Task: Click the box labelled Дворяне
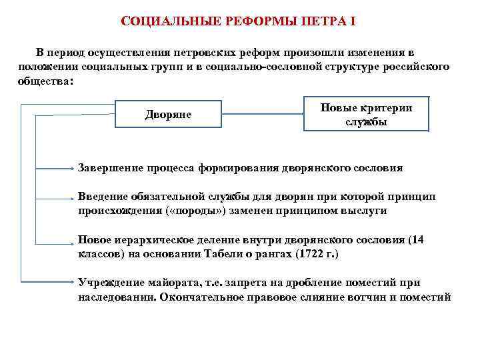168,115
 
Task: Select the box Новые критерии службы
366,115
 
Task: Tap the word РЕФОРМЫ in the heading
255,22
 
